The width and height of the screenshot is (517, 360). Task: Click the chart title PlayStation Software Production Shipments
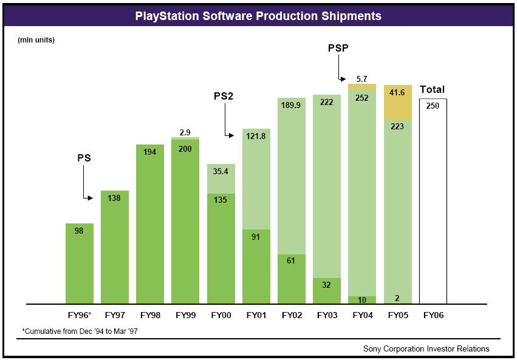(258, 16)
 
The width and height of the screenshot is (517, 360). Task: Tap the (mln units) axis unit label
(36, 40)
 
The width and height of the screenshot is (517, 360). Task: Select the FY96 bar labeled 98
(80, 263)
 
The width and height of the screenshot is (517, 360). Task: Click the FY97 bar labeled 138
(115, 247)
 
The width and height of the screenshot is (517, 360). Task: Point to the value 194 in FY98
(149, 152)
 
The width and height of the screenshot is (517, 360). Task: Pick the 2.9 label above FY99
(185, 132)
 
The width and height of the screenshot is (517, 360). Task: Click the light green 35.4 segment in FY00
(221, 178)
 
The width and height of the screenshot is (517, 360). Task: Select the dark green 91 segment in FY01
(256, 267)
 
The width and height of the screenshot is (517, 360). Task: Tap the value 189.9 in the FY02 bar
(291, 105)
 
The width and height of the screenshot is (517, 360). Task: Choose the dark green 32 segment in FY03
(327, 291)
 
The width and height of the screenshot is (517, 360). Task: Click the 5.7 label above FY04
(361, 79)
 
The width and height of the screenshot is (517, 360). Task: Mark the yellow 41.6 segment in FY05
(398, 102)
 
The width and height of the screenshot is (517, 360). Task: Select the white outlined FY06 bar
(433, 201)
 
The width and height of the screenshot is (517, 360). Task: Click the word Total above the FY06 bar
(433, 89)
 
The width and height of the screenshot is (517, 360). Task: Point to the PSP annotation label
(338, 48)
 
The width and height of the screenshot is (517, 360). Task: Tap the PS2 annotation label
(224, 96)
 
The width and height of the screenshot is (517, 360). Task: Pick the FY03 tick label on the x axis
(327, 315)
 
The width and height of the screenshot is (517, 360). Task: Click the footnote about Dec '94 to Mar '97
(80, 331)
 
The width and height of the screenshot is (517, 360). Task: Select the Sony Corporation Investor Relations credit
(426, 348)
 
